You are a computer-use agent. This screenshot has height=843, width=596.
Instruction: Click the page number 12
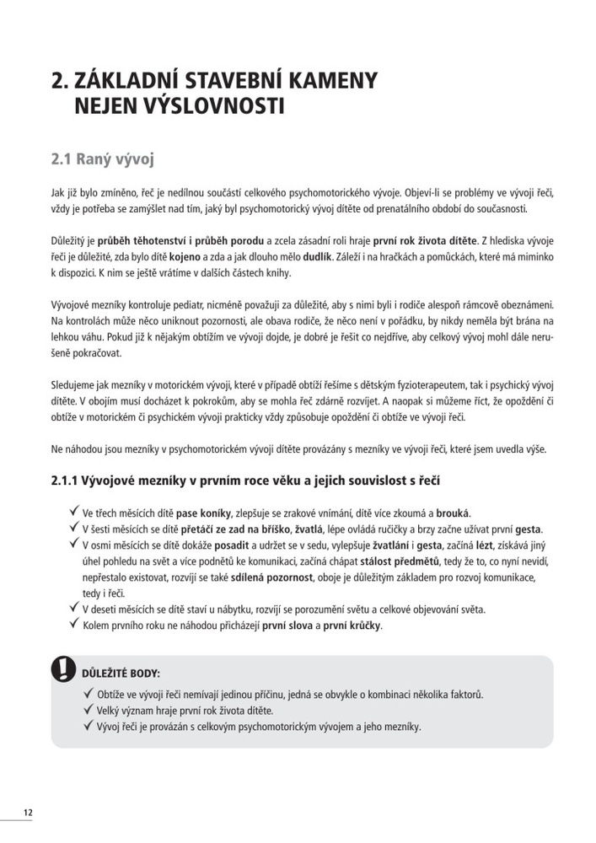tap(28, 813)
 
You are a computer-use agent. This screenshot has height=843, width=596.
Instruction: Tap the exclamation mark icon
tap(62, 670)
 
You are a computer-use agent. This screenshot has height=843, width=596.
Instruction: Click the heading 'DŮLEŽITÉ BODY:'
tap(121, 674)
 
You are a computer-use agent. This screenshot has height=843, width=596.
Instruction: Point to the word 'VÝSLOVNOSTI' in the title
tap(213, 107)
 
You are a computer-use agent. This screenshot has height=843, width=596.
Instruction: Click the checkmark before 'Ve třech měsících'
tap(73, 511)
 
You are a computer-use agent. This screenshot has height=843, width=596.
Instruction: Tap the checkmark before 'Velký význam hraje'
tap(89, 710)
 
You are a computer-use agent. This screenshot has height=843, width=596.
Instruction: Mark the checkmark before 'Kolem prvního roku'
tap(73, 625)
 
